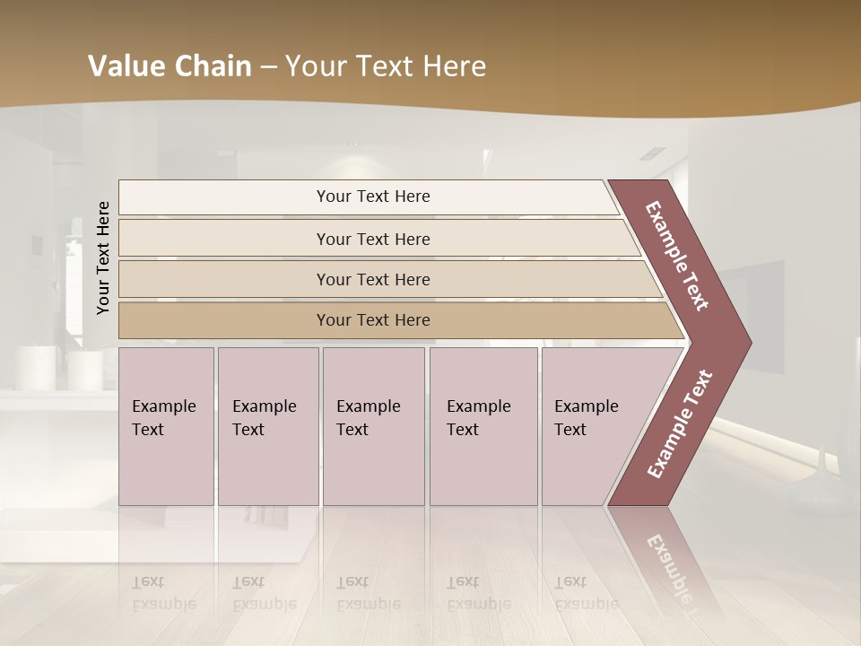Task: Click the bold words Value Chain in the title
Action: click(x=170, y=66)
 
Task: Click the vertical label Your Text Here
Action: click(x=103, y=258)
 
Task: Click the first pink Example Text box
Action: click(x=166, y=426)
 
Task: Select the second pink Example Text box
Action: click(x=268, y=426)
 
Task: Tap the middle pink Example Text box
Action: click(x=373, y=426)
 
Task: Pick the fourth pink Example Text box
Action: click(x=483, y=426)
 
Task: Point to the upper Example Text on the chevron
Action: click(x=677, y=256)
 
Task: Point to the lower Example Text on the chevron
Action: click(x=679, y=424)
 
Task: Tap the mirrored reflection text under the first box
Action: click(x=163, y=593)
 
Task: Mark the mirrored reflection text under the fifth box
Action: click(x=586, y=593)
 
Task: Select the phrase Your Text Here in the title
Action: click(x=385, y=66)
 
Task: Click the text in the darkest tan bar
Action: click(x=373, y=320)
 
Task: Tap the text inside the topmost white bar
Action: click(x=373, y=196)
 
